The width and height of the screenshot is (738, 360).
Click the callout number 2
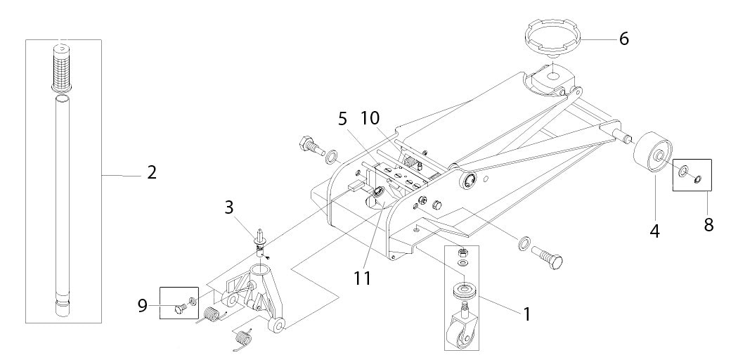[151, 172]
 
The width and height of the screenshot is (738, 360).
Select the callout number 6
[623, 39]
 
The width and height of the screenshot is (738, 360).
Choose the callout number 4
[655, 229]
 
